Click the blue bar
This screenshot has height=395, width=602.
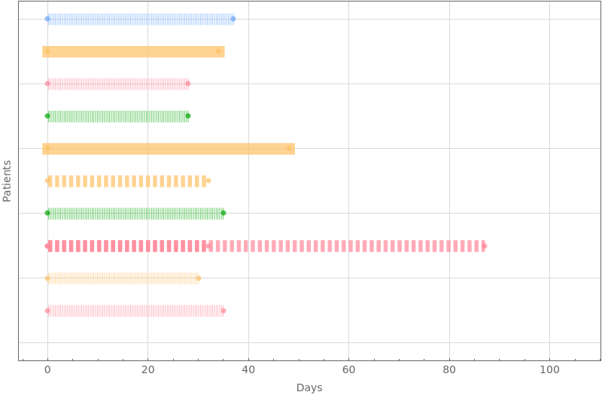click(x=139, y=20)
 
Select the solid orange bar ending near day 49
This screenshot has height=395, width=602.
click(x=169, y=149)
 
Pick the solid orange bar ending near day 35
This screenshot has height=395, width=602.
click(x=133, y=52)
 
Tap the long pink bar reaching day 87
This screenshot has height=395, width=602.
click(x=266, y=246)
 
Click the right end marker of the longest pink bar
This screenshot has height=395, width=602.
click(x=484, y=246)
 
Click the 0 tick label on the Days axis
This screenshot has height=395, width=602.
click(x=47, y=369)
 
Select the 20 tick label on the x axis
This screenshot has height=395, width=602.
click(x=147, y=369)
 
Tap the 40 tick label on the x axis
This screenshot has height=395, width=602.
click(x=248, y=369)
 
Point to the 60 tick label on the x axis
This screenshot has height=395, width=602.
click(x=348, y=369)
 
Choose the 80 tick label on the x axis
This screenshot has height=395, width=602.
click(x=449, y=369)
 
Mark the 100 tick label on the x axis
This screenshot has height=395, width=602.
click(x=549, y=369)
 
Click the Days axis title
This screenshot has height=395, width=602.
click(x=309, y=387)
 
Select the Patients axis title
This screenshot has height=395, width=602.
click(x=7, y=181)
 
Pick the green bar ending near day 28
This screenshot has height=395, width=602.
click(x=117, y=117)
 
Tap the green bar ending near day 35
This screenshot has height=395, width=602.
click(x=135, y=214)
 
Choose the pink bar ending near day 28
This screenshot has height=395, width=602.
click(x=117, y=84)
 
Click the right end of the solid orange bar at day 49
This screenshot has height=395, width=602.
click(x=293, y=149)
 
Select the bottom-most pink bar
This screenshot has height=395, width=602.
click(x=135, y=311)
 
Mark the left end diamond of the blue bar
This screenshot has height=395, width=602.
click(x=47, y=20)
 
